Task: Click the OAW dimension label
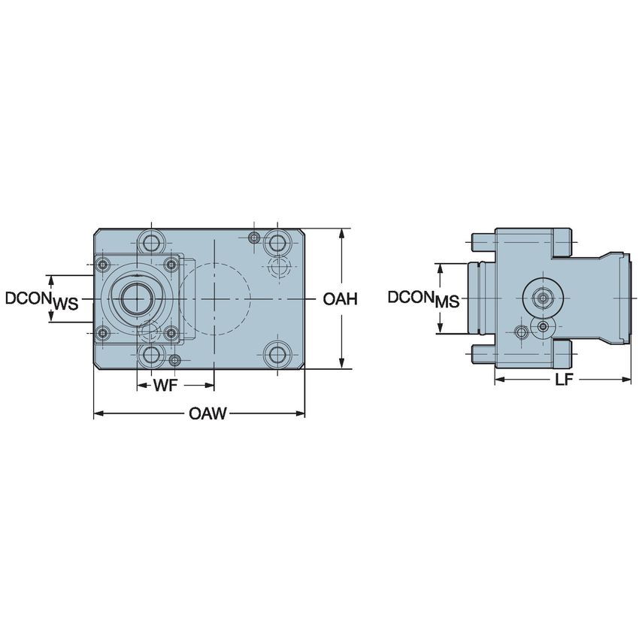pos(208,414)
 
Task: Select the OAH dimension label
pos(339,299)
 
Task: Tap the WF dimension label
pos(165,386)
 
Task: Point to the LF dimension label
pos(564,380)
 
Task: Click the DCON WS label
pos(41,299)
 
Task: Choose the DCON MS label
pos(422,298)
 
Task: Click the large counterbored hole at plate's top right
pos(278,243)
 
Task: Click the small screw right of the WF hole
pos(174,360)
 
